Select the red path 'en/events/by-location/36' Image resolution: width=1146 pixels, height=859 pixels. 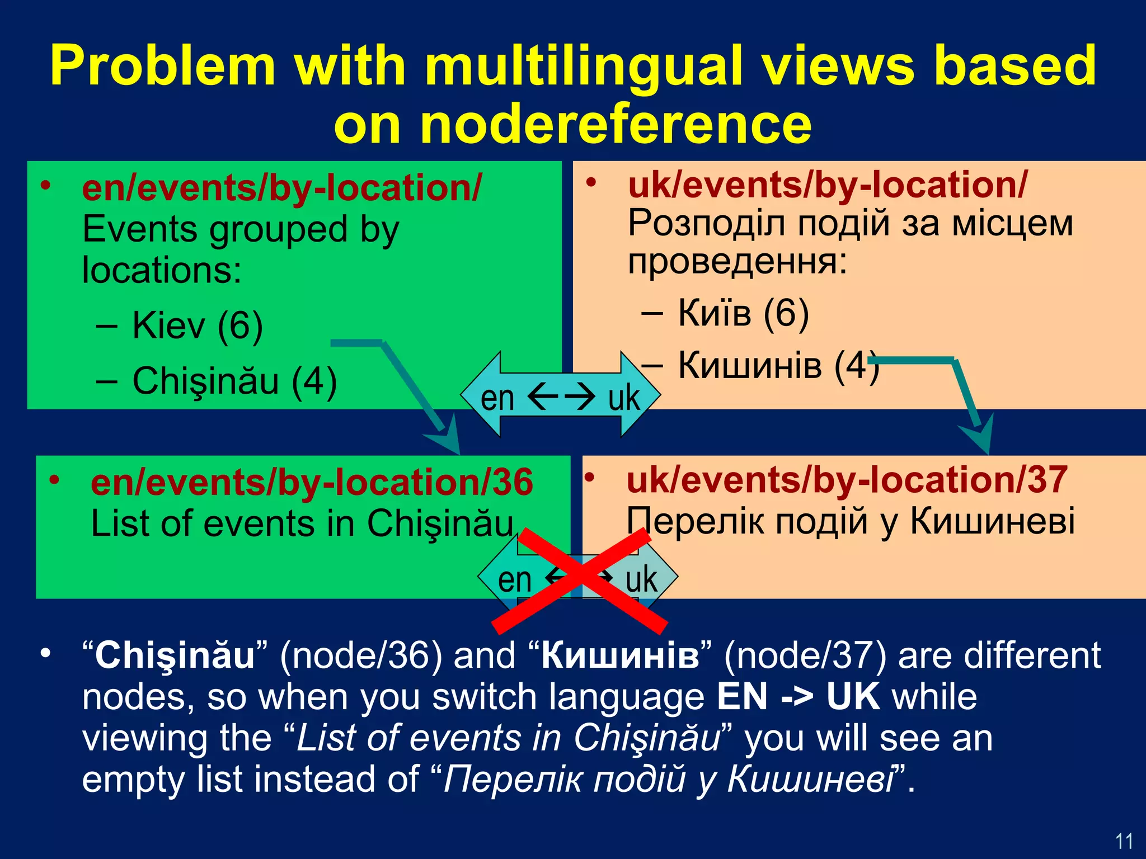point(312,483)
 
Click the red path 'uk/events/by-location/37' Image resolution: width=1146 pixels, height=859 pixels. point(847,480)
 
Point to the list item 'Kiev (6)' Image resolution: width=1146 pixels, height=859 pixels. point(197,325)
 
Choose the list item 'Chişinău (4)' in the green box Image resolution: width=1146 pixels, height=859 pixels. point(234,381)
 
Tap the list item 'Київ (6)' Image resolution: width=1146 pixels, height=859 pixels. point(743,313)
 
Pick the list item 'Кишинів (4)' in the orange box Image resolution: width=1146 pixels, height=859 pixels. point(778,366)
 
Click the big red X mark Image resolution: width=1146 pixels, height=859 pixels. point(580,582)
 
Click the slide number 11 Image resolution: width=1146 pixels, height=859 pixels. point(1124,841)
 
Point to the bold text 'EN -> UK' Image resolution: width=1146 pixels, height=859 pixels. point(798,697)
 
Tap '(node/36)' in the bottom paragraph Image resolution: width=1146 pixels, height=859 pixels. point(361,656)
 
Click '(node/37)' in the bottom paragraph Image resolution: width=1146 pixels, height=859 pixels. point(805,656)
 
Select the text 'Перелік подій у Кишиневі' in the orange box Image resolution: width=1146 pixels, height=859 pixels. point(851,521)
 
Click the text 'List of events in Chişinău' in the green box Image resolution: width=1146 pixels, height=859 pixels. point(302,524)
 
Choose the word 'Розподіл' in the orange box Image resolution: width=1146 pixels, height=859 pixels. point(702,224)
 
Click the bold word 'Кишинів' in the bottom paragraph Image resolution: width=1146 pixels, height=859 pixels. point(620,656)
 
